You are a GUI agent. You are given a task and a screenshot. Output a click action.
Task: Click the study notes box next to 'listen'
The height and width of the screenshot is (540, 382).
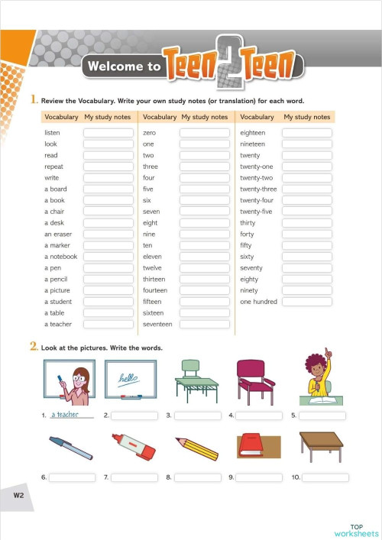[108, 133]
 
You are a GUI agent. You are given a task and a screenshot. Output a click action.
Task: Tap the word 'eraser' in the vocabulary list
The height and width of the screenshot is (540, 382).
[62, 234]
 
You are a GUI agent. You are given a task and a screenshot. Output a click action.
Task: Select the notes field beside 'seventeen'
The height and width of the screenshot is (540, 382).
[204, 325]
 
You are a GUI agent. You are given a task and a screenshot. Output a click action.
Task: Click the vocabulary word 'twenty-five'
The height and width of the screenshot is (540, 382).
[256, 212]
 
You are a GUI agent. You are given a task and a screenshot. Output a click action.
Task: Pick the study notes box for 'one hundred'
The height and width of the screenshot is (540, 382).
[306, 302]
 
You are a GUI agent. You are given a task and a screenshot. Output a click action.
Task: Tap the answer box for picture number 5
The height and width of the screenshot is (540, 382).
[322, 416]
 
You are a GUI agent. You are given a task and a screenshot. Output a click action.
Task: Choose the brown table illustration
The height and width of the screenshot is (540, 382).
[321, 445]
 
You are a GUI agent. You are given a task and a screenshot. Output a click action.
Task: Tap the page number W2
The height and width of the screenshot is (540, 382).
[19, 496]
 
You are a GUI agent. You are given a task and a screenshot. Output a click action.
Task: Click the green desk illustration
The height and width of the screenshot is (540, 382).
[196, 381]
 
